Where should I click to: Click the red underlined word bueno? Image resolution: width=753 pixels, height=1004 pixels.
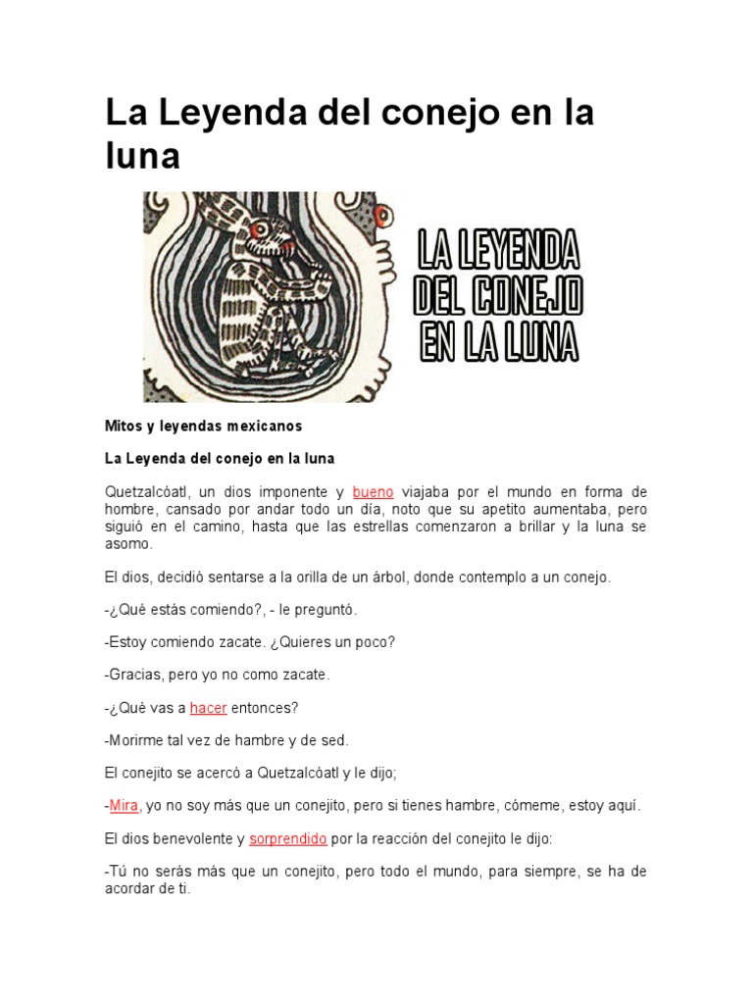point(373,492)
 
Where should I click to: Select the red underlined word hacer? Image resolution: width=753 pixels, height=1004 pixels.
point(208,707)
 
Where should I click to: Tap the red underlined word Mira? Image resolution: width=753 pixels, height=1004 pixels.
point(124,805)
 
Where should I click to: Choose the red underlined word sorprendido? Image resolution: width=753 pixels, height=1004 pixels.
point(287,838)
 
